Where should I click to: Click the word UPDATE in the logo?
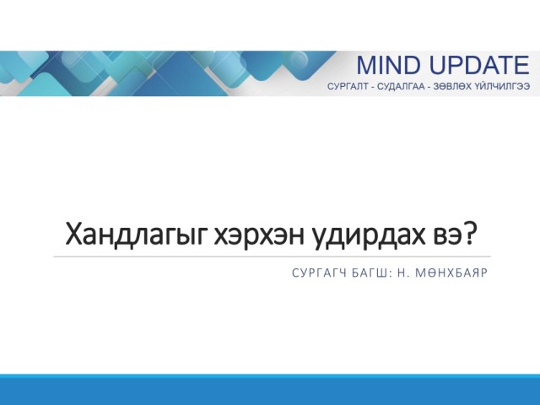click(479, 65)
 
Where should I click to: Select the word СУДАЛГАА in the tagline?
click(402, 86)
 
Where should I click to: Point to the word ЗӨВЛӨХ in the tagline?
click(452, 86)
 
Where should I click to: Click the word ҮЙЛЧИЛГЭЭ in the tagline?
click(502, 86)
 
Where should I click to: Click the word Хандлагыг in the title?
click(137, 235)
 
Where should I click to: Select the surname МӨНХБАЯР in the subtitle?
click(452, 273)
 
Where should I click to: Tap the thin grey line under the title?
click(272, 256)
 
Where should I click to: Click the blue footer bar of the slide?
click(270, 390)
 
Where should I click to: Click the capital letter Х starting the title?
click(73, 235)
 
